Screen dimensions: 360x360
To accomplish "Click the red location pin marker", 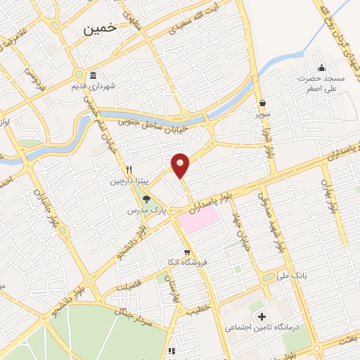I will point(181,165).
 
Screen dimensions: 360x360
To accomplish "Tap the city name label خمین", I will point(98,29).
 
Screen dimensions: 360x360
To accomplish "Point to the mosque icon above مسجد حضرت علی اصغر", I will point(321,67).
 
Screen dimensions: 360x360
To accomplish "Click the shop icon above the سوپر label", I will point(262,103).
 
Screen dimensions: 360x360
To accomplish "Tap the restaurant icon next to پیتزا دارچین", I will point(129,169).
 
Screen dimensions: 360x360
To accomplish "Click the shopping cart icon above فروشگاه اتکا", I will point(186,252).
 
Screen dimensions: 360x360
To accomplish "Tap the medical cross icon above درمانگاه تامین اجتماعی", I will point(262,317).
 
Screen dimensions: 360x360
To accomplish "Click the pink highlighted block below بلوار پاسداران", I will point(198,221).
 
